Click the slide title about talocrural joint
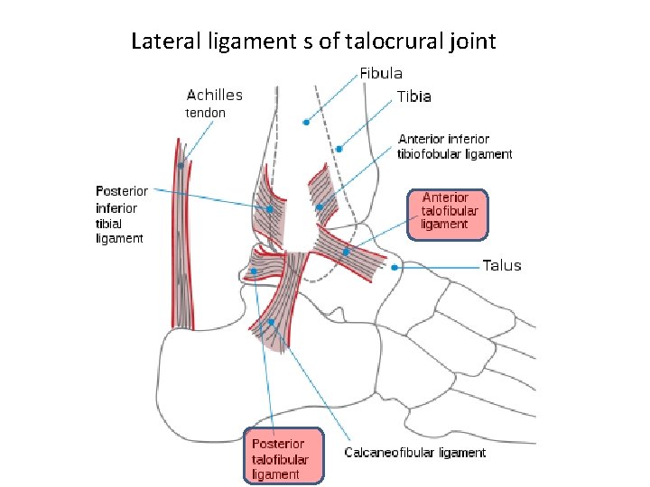tap(313, 41)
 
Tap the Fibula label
tap(381, 74)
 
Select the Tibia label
tap(413, 96)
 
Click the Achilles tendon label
tap(214, 103)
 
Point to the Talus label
tap(502, 266)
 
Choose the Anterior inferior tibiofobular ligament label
tap(455, 147)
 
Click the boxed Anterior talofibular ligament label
tap(446, 211)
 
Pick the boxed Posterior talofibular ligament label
tap(282, 459)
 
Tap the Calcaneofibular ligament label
tap(415, 453)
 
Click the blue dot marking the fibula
tap(307, 122)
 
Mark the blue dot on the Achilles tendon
tap(181, 165)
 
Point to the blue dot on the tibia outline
tap(339, 149)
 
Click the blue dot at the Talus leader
tap(395, 267)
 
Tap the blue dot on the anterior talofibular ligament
tap(346, 252)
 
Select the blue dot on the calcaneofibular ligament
tap(271, 321)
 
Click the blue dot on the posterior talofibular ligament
tap(254, 271)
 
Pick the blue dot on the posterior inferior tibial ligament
tap(269, 209)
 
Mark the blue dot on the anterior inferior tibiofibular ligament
tap(320, 207)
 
